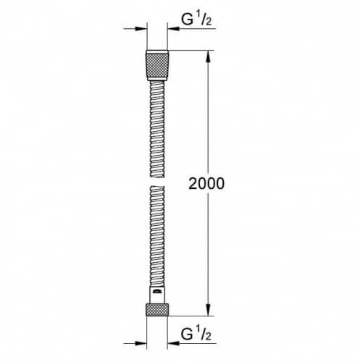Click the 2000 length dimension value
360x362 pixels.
pos(206,183)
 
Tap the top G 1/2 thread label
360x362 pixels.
pos(196,20)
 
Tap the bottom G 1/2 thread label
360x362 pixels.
pos(196,334)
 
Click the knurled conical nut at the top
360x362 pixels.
pos(157,65)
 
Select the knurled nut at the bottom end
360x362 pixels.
pos(157,310)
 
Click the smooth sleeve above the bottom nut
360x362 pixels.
pos(157,295)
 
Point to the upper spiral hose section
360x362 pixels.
pos(157,129)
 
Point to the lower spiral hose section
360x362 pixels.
pos(157,237)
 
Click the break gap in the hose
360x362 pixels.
pos(157,182)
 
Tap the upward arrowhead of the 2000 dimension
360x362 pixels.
pos(209,56)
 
